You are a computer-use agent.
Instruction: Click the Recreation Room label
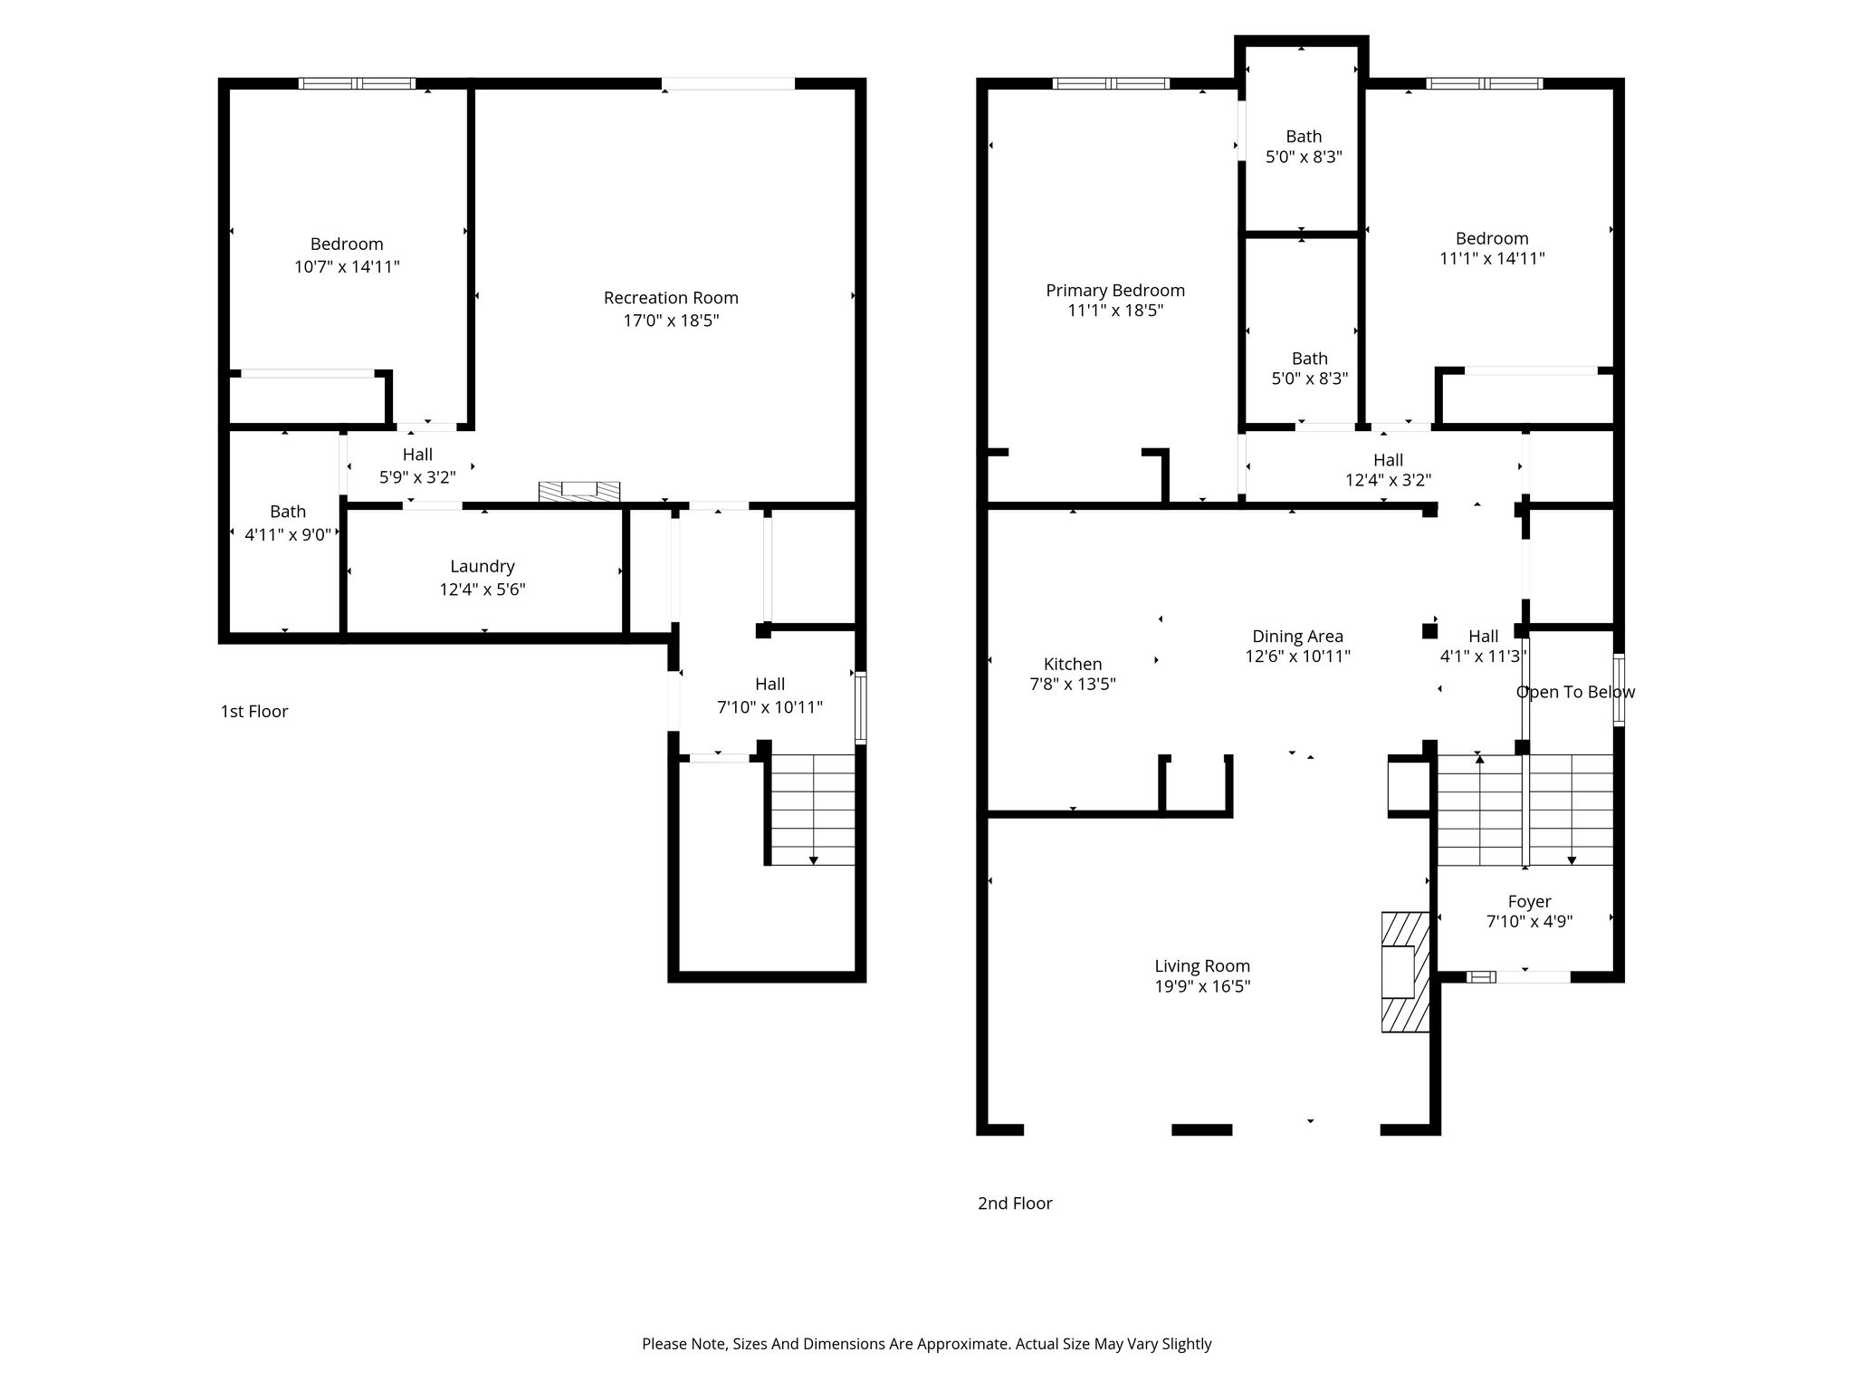[x=671, y=298]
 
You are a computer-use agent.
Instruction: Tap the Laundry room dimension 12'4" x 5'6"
[x=483, y=590]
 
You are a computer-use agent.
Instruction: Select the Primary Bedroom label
[x=1115, y=291]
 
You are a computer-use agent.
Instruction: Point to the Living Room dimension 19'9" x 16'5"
[x=1202, y=986]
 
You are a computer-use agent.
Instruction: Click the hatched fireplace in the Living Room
[x=1405, y=972]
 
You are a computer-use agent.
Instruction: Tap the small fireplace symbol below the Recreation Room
[x=579, y=491]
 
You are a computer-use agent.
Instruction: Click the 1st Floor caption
[x=254, y=712]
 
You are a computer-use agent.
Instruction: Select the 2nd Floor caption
[x=1015, y=1204]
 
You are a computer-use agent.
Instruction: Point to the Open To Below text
[x=1575, y=693]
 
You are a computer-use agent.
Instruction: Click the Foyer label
[x=1530, y=902]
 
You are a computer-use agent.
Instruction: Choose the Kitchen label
[x=1073, y=665]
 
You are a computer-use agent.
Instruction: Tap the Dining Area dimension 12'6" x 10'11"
[x=1298, y=657]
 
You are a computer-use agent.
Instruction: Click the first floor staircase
[x=812, y=810]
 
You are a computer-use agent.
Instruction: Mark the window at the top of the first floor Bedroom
[x=357, y=83]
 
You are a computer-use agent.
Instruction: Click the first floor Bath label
[x=288, y=513]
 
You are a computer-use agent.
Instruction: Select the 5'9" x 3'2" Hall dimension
[x=417, y=477]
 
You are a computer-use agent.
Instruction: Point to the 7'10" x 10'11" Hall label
[x=770, y=685]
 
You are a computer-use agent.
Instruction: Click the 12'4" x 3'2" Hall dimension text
[x=1389, y=481]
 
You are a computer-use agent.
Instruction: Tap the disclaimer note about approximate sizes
[x=927, y=1344]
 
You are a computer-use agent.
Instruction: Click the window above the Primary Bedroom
[x=1111, y=83]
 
